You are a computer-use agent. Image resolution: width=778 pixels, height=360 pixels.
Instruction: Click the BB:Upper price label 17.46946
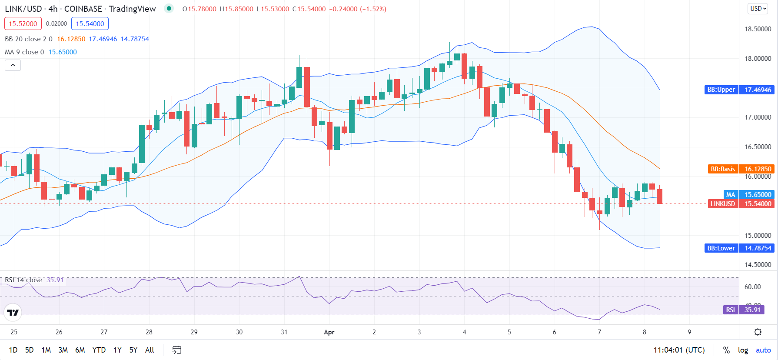(758, 90)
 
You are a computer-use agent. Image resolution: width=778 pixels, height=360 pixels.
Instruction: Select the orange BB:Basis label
(722, 169)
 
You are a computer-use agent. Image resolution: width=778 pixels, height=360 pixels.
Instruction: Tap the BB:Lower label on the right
(721, 248)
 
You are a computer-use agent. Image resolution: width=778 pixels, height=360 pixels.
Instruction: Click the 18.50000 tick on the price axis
(758, 29)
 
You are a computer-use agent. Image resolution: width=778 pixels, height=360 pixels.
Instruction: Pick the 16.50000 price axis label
(758, 147)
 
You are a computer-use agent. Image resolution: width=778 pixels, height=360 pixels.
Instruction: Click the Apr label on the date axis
(329, 332)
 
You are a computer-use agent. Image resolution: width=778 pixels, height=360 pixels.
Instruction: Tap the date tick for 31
(284, 332)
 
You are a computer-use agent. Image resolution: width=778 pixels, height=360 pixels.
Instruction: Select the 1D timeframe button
(13, 350)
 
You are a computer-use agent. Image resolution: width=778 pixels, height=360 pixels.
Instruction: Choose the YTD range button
(99, 350)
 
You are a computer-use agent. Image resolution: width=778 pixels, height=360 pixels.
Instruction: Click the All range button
(150, 350)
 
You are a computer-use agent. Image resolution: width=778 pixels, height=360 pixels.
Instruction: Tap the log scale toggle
(743, 350)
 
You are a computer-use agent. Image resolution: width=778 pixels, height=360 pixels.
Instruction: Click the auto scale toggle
(763, 350)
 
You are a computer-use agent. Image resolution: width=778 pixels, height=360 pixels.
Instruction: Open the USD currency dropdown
(758, 9)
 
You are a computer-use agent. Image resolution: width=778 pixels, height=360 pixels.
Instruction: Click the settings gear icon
(758, 332)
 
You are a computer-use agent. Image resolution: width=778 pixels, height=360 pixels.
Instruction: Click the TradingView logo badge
(13, 312)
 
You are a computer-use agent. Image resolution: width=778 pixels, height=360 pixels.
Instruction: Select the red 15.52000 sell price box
(23, 23)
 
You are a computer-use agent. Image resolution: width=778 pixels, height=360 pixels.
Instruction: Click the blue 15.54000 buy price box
(90, 23)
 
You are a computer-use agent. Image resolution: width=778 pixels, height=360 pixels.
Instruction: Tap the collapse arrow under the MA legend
(13, 65)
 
